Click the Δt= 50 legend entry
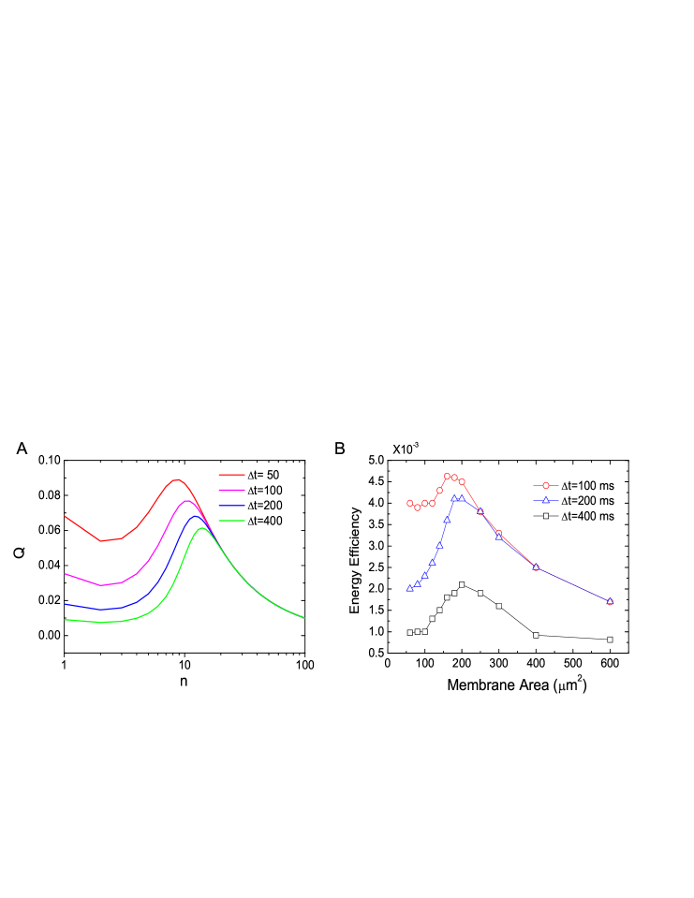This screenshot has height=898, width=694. coord(250,475)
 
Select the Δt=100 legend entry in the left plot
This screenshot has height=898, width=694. coord(250,490)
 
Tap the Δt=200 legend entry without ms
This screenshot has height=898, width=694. coord(250,505)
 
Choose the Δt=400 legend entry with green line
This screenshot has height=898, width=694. coord(250,521)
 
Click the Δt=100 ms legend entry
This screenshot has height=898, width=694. coord(572,485)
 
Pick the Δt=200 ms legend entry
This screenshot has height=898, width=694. coord(572,500)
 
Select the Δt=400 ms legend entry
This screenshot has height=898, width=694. coord(572,516)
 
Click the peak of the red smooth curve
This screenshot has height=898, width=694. coord(176,479)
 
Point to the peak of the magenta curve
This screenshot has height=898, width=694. coord(186,500)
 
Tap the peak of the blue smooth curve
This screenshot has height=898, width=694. coord(195,515)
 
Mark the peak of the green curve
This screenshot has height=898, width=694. coord(201,528)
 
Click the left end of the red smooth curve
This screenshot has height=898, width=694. coord(65,516)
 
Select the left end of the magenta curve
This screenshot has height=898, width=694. coord(65,574)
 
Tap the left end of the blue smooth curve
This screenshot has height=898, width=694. coord(65,605)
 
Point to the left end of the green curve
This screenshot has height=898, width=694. coord(65,620)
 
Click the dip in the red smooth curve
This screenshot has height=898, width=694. coord(102,540)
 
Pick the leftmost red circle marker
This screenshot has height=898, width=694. coord(409,503)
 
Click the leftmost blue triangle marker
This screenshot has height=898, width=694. coord(409,588)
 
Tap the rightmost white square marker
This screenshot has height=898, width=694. coord(610,640)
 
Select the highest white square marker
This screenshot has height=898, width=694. coord(462,584)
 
